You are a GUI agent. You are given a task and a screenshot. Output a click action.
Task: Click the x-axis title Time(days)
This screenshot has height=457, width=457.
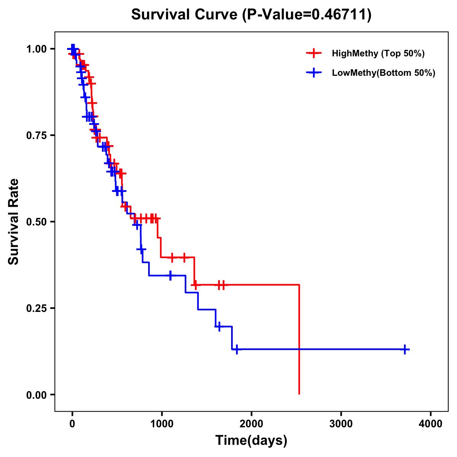click(x=251, y=440)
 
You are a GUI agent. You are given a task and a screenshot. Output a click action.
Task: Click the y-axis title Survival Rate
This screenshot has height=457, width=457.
click(x=14, y=221)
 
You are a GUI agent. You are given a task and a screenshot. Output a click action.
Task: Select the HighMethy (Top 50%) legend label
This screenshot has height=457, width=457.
click(x=378, y=53)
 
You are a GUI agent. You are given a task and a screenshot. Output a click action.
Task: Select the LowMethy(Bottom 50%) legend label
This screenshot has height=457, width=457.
click(x=383, y=73)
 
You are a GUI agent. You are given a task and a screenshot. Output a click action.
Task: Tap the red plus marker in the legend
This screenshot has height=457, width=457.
click(x=313, y=53)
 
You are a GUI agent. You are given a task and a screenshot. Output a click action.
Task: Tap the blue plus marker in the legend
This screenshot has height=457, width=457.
click(x=313, y=73)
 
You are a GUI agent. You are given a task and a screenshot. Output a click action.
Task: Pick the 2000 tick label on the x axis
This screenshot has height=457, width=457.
click(x=251, y=423)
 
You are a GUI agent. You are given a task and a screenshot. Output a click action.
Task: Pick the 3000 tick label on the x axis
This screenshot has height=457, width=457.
click(x=341, y=423)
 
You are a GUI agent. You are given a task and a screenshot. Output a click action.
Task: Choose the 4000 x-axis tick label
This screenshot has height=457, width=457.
click(x=431, y=423)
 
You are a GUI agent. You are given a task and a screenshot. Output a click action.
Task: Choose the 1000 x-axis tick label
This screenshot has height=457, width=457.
click(x=161, y=423)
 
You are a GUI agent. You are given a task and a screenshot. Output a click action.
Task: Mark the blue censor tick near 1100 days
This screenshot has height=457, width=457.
click(x=170, y=275)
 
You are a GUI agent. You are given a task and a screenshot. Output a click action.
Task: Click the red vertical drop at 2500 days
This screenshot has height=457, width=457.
click(x=299, y=339)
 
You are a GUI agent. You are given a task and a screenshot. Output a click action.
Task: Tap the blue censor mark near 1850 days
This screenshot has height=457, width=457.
click(x=237, y=349)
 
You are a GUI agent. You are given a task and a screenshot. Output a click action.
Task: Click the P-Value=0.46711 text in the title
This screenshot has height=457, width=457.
click(x=309, y=14)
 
